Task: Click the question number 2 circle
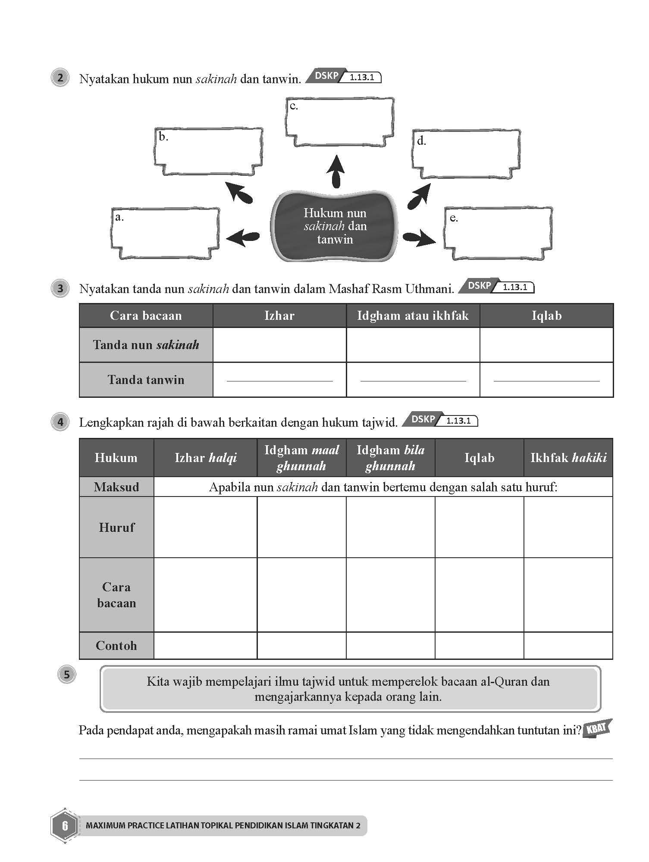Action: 60,78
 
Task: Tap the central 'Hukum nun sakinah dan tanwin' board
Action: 335,226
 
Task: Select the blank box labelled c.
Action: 340,122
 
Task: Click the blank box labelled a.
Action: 165,233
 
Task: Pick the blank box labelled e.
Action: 498,233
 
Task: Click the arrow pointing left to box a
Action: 242,237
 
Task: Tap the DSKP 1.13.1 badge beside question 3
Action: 496,286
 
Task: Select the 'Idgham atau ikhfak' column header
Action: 413,315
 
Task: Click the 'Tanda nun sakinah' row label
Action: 146,345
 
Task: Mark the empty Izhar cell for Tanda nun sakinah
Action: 279,345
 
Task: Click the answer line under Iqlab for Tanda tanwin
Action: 546,380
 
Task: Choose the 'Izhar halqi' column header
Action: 205,458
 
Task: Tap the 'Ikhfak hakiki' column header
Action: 568,458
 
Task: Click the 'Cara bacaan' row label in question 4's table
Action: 116,595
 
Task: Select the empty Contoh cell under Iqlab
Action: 479,645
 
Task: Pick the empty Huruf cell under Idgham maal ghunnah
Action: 301,527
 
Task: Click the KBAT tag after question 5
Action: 597,729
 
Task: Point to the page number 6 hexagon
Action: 65,825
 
